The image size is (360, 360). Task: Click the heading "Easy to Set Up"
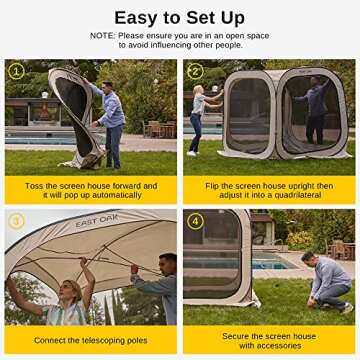pyautogui.click(x=179, y=17)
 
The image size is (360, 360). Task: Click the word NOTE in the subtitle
pyautogui.click(x=103, y=35)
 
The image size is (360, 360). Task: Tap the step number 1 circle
pyautogui.click(x=16, y=71)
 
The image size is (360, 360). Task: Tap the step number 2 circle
pyautogui.click(x=195, y=71)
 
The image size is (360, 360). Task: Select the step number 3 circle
pyautogui.click(x=16, y=220)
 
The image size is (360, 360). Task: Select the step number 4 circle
pyautogui.click(x=195, y=220)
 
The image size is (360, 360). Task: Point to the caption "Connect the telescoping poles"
pyautogui.click(x=91, y=341)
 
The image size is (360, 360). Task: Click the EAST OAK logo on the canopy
pyautogui.click(x=96, y=221)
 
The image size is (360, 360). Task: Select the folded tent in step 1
pyautogui.click(x=70, y=115)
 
